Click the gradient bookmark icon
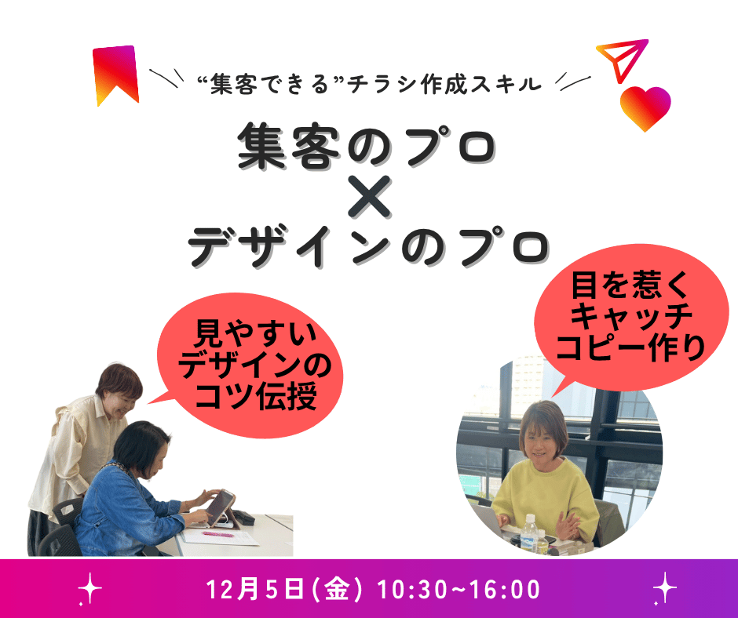point(115,73)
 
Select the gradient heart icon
point(645,108)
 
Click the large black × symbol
point(370,197)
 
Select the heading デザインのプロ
point(368,246)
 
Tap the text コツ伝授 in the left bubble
point(256,397)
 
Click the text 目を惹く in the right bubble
point(630,285)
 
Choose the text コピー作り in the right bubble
point(630,347)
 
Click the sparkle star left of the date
point(90,588)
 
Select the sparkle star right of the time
point(664,588)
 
